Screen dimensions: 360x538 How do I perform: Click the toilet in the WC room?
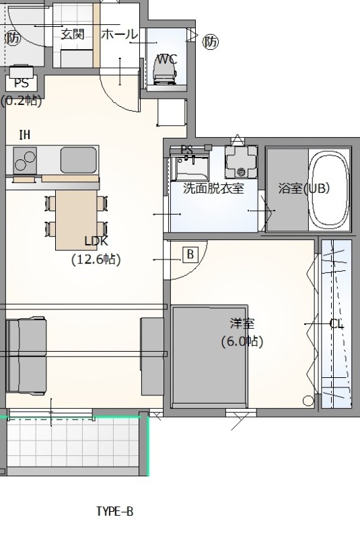[x=165, y=71]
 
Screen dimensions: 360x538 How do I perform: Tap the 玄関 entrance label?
[x=73, y=34]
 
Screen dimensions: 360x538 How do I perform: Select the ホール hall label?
[x=119, y=34]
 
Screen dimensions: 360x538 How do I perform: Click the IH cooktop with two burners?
[x=25, y=159]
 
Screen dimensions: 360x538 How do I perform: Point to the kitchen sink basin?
[x=78, y=160]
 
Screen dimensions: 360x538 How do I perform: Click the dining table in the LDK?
[x=77, y=220]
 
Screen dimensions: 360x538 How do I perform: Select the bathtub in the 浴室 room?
[x=329, y=190]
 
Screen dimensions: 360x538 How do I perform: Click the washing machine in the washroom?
[x=241, y=161]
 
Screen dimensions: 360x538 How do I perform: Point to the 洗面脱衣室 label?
[x=213, y=188]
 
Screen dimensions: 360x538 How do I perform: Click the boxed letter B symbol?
[x=190, y=255]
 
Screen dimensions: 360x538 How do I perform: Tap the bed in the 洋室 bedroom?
[x=210, y=356]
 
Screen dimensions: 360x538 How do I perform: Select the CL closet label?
[x=336, y=324]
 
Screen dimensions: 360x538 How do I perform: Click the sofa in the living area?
[x=26, y=356]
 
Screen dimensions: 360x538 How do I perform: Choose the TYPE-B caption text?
[x=114, y=511]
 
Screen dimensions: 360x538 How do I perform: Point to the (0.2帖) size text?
[x=22, y=101]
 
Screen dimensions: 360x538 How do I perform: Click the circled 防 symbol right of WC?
[x=211, y=42]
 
